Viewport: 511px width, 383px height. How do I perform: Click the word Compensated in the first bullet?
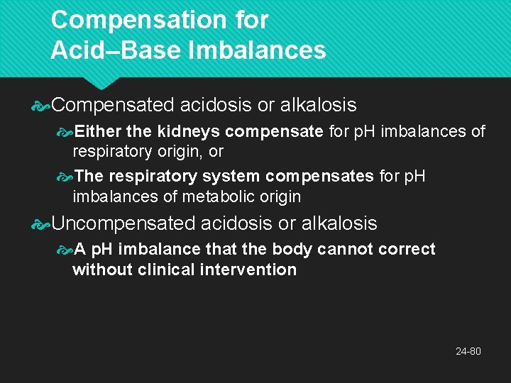[x=113, y=105]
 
